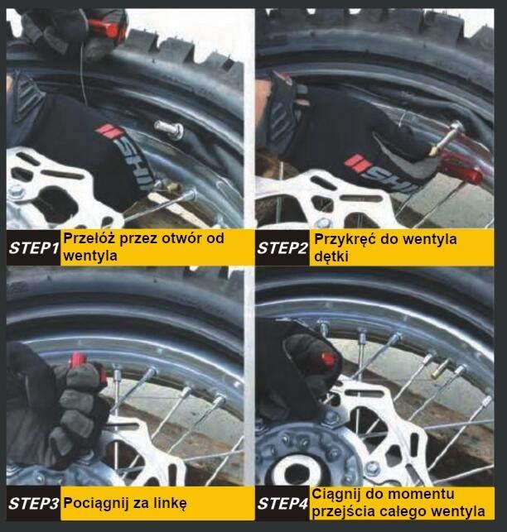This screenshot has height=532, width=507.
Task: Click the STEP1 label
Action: coord(34,248)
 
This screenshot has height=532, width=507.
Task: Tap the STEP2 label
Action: coord(282,248)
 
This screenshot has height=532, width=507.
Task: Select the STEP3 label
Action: coord(34,504)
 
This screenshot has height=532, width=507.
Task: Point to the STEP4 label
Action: coord(282,504)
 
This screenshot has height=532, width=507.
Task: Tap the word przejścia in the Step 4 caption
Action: coord(342,511)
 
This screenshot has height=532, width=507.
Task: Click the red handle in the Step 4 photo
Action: coord(328,359)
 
